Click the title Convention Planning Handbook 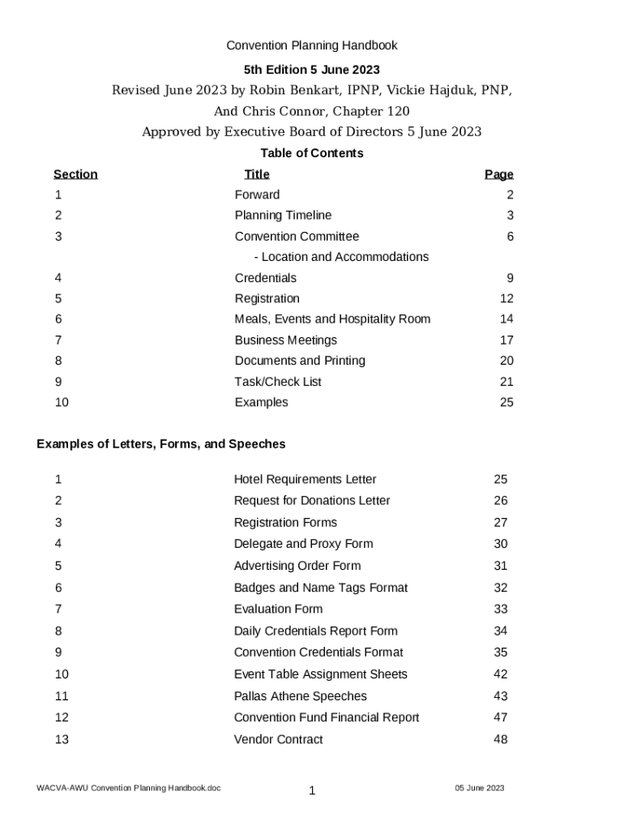coord(311,45)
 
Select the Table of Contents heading coord(311,153)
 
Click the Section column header coord(75,174)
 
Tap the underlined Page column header coord(498,174)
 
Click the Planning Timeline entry coord(283,216)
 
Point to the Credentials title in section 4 coord(265,278)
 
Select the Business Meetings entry coord(285,340)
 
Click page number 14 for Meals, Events coord(506,319)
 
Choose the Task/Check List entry coord(278,382)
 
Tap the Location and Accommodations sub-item coord(340,257)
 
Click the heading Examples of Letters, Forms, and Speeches coord(161,444)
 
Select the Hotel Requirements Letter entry coord(305,480)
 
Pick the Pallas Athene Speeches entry coord(300,696)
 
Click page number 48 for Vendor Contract coord(501,739)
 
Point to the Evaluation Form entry coord(278,610)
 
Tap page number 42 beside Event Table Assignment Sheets coord(501,674)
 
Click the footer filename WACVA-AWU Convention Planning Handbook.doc coord(128,788)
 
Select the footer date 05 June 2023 coord(479,788)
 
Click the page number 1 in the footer coord(311,791)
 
